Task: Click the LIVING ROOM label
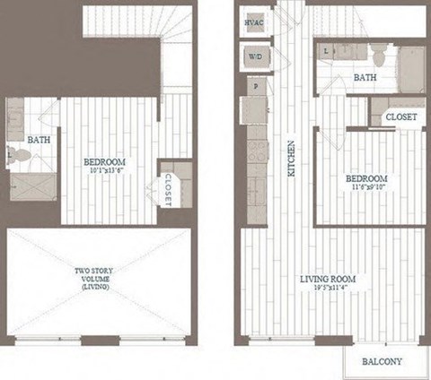click(328, 279)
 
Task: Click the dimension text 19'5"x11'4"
click(328, 289)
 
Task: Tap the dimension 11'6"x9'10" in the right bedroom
click(365, 187)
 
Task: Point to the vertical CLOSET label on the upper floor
click(169, 188)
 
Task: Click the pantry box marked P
click(257, 88)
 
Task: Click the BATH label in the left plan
click(39, 140)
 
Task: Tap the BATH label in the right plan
click(365, 78)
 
